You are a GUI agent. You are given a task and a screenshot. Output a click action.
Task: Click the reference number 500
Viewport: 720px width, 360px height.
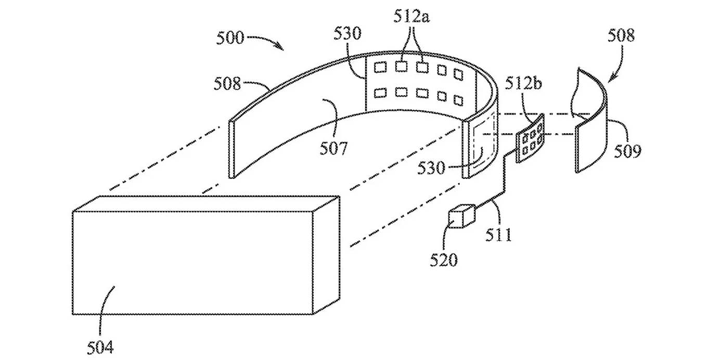[x=230, y=38]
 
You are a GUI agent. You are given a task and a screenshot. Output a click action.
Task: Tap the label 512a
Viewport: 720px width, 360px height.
[x=412, y=16]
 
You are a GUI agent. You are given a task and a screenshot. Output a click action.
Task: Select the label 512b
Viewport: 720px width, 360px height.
[x=523, y=83]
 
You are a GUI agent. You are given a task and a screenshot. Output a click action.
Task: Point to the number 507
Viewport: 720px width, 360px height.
[x=333, y=149]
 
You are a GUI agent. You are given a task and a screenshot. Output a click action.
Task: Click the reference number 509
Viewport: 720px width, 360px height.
[x=627, y=151]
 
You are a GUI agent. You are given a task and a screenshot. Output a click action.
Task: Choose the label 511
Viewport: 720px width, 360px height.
[x=498, y=235]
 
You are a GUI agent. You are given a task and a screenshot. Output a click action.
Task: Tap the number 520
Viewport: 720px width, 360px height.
[x=444, y=260]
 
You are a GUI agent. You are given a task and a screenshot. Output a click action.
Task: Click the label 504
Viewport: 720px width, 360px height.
[x=100, y=347]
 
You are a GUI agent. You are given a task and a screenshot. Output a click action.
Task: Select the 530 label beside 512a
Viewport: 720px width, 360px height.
[x=347, y=33]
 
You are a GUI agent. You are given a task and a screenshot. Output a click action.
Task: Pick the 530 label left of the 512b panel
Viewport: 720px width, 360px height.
[x=431, y=168]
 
